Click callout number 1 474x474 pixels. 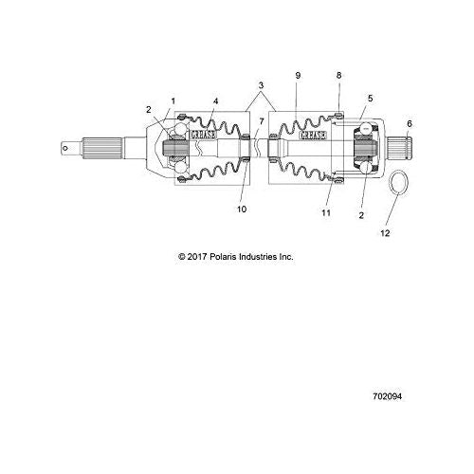click(x=173, y=101)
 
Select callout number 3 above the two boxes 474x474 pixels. click(x=261, y=85)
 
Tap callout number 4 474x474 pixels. click(x=215, y=101)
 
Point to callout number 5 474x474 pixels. click(x=371, y=99)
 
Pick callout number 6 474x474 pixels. click(x=410, y=124)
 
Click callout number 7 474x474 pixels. click(x=262, y=121)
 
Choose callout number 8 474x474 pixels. click(x=339, y=75)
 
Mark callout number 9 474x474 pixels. click(x=298, y=76)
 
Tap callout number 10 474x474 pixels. click(x=242, y=210)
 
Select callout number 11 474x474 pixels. click(x=326, y=212)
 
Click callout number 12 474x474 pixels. click(x=385, y=233)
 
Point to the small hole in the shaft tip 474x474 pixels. click(x=65, y=148)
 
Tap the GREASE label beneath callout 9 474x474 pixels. click(x=313, y=136)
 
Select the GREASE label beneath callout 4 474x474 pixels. click(x=203, y=135)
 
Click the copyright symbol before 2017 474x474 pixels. click(x=182, y=257)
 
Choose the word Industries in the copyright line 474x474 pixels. click(x=258, y=257)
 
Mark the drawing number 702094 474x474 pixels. click(x=388, y=396)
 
